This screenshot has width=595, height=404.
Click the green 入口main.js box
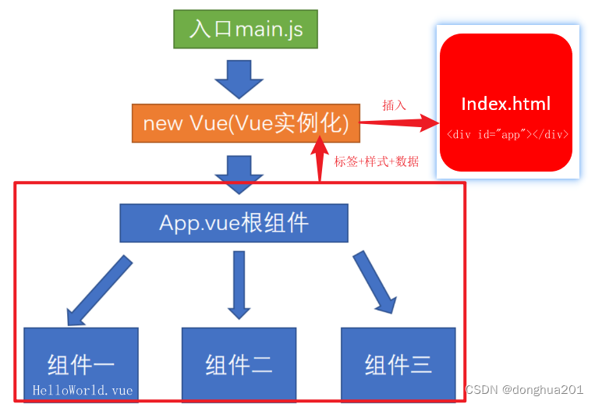[246, 29]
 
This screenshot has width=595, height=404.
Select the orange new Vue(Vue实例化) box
[246, 123]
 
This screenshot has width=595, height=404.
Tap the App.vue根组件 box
[234, 223]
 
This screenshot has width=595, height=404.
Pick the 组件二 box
[239, 363]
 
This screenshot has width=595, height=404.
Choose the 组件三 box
[398, 363]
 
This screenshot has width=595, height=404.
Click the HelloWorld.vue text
[83, 390]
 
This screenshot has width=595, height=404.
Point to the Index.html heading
[505, 104]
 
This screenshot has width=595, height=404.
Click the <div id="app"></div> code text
[507, 134]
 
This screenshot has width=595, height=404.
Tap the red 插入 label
[394, 105]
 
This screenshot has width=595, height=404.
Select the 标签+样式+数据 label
[377, 161]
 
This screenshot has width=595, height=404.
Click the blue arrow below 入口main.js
[239, 79]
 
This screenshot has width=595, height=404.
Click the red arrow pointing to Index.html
[398, 122]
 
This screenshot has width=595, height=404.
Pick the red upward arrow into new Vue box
[319, 156]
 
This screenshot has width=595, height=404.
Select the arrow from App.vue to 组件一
[100, 290]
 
